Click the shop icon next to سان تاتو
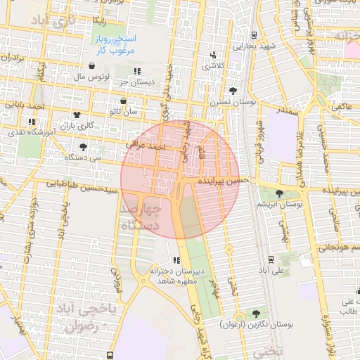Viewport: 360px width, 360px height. click(123, 101)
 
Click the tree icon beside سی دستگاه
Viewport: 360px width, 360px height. click(84, 147)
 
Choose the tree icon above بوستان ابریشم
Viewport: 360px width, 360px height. click(279, 193)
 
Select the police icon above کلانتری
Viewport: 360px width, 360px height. click(212, 56)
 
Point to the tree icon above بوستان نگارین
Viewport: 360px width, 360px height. click(255, 314)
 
